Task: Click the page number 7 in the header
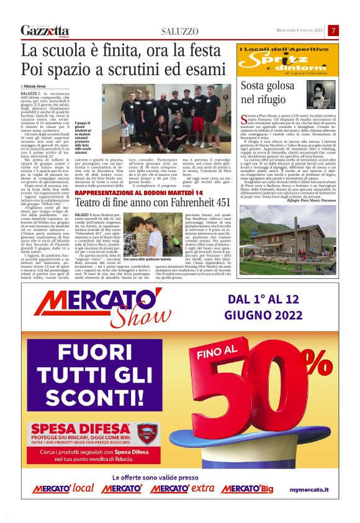coord(333,30)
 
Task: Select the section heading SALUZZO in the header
coord(179,31)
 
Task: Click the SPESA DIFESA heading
coord(80,428)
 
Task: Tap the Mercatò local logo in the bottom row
coord(65,489)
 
